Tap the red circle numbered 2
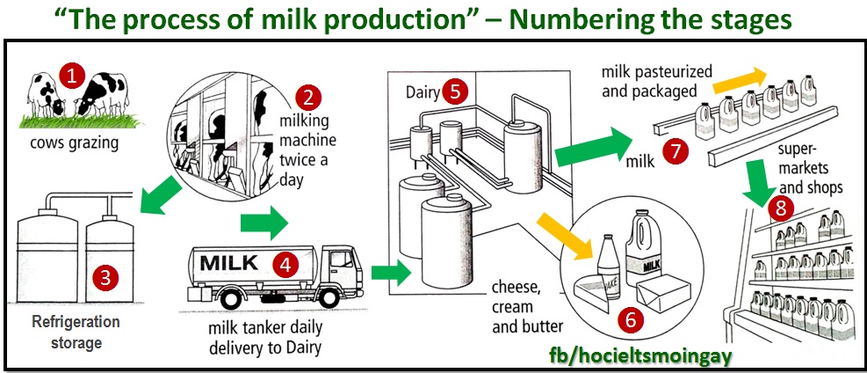tap(307, 97)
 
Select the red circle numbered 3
tap(105, 280)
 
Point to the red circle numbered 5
tap(452, 90)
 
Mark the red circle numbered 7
tap(674, 151)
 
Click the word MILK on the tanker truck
tap(229, 262)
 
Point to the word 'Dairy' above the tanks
tap(423, 91)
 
